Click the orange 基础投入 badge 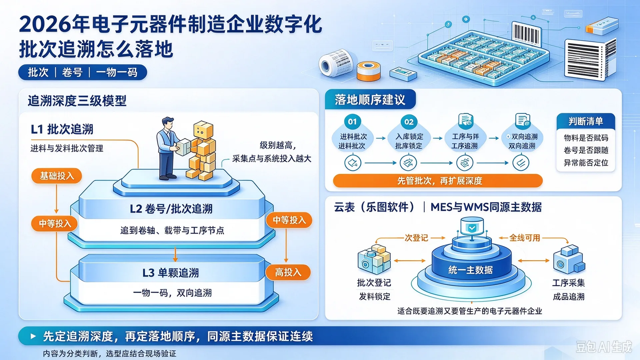click(x=57, y=176)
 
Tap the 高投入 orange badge click(x=288, y=272)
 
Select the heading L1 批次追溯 click(x=62, y=129)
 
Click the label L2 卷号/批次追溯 click(x=171, y=209)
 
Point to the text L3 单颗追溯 click(x=171, y=273)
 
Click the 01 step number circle click(x=352, y=122)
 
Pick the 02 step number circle click(x=409, y=122)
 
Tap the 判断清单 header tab click(x=586, y=121)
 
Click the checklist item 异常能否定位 click(x=586, y=163)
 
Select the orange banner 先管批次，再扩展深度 click(x=438, y=181)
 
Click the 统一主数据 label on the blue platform click(x=470, y=270)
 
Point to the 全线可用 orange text click(x=525, y=238)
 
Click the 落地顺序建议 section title click(x=370, y=100)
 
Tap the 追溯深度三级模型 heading click(x=77, y=101)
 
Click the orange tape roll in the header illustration click(x=368, y=71)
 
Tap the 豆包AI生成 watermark click(x=604, y=347)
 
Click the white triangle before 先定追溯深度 click(x=33, y=336)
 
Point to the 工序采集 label click(x=568, y=283)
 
